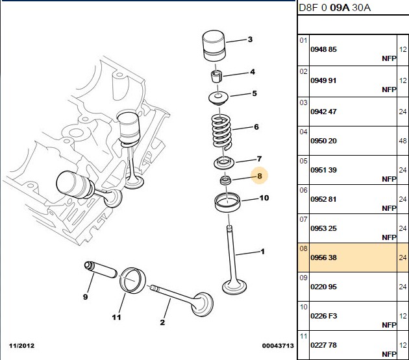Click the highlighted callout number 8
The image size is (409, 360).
259,176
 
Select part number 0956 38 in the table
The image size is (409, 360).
323,258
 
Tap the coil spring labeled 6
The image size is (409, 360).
221,132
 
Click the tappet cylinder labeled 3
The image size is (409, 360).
214,46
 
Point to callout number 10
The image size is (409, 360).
264,198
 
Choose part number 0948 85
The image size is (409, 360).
323,49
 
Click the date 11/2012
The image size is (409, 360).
21,346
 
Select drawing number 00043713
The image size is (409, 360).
278,346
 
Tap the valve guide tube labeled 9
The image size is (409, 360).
101,270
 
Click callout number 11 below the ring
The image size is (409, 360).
117,317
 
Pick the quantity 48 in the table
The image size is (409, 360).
403,141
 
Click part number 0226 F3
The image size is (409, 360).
324,316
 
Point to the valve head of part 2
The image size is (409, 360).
203,304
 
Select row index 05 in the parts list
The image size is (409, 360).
303,161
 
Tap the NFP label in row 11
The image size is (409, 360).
389,354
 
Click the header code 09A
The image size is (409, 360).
340,8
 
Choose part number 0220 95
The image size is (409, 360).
323,287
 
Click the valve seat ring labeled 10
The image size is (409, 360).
227,202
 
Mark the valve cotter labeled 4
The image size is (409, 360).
216,76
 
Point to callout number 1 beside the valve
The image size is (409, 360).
263,252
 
